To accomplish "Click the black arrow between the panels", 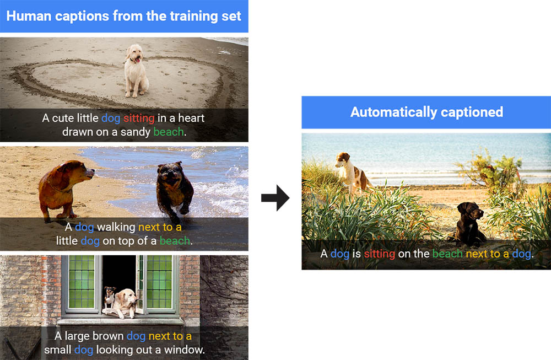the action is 275,198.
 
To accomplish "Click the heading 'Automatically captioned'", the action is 426,112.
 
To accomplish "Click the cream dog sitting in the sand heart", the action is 136,71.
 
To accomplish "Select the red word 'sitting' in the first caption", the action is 139,118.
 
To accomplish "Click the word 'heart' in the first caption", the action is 191,118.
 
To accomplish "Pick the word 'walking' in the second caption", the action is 116,227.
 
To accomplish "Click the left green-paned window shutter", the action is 82,282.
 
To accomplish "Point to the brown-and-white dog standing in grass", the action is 353,172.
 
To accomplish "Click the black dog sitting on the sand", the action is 468,224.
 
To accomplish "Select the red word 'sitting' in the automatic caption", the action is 380,254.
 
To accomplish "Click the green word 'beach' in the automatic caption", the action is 447,254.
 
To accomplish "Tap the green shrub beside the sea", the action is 492,169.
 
